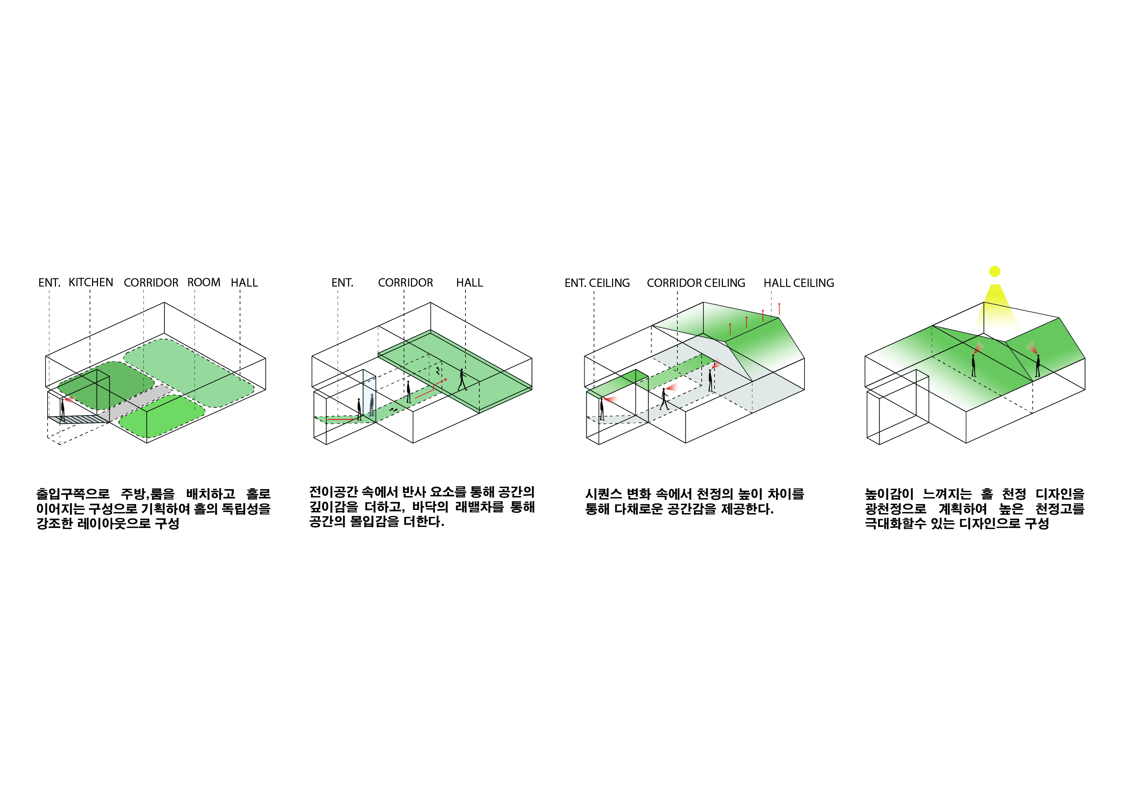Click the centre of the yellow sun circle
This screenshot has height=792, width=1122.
[x=995, y=271]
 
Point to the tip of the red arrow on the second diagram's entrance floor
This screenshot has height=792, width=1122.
[x=354, y=420]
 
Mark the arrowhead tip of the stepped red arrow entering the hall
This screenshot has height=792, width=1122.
[x=447, y=379]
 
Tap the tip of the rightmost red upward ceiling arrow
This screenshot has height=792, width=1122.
[x=779, y=303]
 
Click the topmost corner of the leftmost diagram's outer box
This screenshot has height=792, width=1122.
[x=164, y=303]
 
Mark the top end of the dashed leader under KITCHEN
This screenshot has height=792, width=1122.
[x=90, y=290]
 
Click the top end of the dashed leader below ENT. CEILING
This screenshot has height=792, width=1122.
[x=594, y=292]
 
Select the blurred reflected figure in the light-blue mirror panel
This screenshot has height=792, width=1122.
[x=372, y=405]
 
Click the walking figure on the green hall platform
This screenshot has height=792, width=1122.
[x=462, y=380]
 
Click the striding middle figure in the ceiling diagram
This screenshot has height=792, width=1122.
[x=664, y=399]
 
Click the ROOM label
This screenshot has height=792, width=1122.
[x=204, y=282]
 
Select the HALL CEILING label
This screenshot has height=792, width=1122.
[x=799, y=283]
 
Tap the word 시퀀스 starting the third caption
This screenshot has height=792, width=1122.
[x=603, y=494]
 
